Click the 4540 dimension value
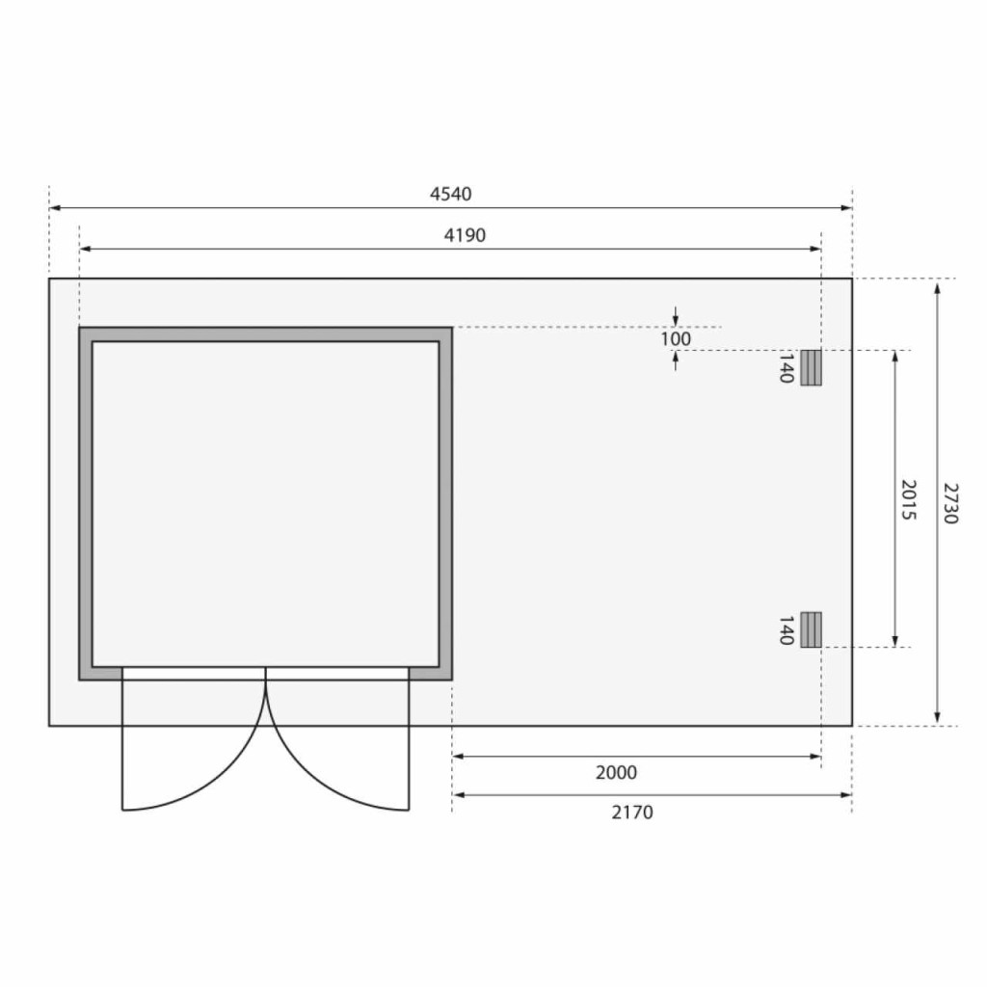click(451, 194)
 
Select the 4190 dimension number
click(466, 235)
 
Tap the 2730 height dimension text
click(949, 503)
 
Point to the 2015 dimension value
click(908, 500)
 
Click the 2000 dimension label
click(616, 772)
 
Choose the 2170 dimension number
click(632, 813)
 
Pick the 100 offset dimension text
click(676, 339)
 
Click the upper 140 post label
click(786, 368)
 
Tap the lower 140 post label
click(786, 630)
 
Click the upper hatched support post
click(811, 367)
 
